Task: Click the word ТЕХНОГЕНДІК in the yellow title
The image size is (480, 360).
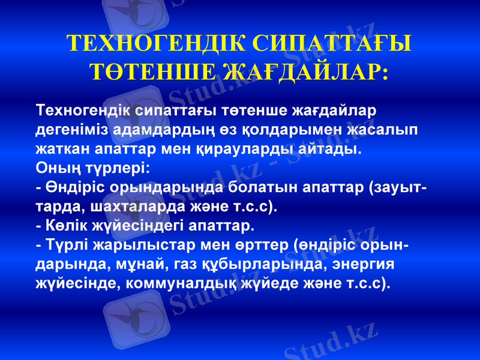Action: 155,43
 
